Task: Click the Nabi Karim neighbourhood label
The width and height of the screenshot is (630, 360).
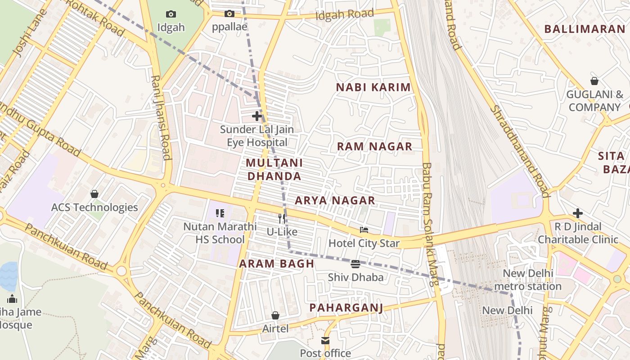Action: coord(373,87)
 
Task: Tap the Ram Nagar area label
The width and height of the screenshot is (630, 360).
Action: coord(374,146)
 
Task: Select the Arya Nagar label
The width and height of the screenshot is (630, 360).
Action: coord(335,200)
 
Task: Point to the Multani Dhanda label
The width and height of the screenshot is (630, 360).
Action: coord(274,169)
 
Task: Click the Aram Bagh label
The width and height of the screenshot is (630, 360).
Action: coord(276,264)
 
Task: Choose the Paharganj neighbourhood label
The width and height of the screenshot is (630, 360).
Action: coord(346,308)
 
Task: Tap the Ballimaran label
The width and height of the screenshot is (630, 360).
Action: coord(585,29)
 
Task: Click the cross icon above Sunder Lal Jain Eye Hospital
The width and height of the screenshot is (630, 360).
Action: coord(257,116)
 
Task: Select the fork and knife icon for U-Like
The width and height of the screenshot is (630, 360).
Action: coord(282,219)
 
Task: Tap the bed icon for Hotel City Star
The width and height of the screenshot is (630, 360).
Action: coord(364,230)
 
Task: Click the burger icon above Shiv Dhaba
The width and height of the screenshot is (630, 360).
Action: coord(355,264)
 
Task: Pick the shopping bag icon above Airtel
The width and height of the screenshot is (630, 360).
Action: coord(275,316)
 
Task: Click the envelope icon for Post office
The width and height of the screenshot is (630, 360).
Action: coord(325,341)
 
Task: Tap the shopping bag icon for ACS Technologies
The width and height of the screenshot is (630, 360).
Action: coord(94,194)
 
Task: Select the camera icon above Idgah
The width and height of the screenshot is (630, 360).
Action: coord(171,14)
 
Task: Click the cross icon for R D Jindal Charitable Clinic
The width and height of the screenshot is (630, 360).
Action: coord(578,213)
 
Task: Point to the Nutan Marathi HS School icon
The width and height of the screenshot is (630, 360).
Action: coord(220,213)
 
